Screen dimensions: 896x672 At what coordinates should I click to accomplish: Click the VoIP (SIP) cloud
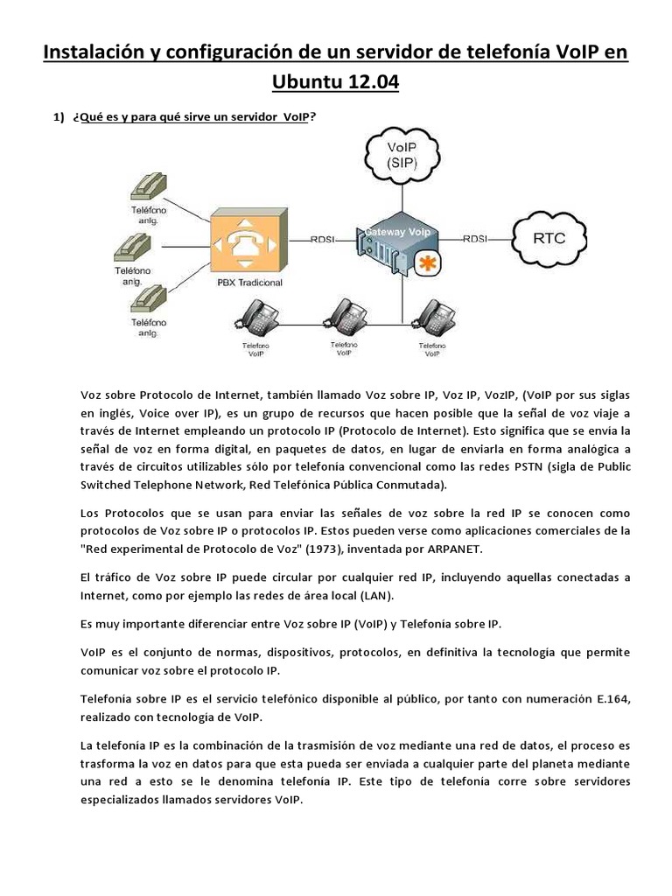pos(402,152)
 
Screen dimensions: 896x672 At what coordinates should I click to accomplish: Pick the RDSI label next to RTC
pos(475,238)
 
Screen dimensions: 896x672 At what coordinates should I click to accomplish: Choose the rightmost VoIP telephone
pos(430,318)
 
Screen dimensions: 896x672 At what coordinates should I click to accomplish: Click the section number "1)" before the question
pos(59,117)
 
